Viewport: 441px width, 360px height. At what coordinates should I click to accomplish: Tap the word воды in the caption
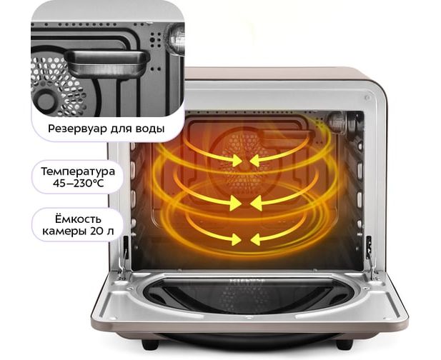(x=150, y=128)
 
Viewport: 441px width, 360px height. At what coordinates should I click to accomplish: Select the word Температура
(x=78, y=171)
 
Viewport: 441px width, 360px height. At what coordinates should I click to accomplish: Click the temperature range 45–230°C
(x=79, y=184)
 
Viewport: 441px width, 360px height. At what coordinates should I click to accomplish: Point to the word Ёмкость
(x=77, y=219)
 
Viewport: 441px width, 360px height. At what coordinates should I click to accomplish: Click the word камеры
(x=65, y=232)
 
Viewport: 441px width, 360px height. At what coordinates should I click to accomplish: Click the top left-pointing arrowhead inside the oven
(x=256, y=161)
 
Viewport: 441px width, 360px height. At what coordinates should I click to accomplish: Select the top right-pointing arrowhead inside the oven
(x=236, y=161)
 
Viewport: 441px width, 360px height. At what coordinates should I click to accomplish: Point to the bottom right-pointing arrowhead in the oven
(x=235, y=240)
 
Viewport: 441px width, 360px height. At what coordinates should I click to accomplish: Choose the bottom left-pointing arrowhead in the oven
(x=257, y=240)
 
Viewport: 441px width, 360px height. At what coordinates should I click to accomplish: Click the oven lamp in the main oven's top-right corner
(x=337, y=121)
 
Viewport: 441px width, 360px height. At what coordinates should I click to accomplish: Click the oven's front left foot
(x=149, y=344)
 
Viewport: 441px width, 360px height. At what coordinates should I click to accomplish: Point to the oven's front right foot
(x=345, y=344)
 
